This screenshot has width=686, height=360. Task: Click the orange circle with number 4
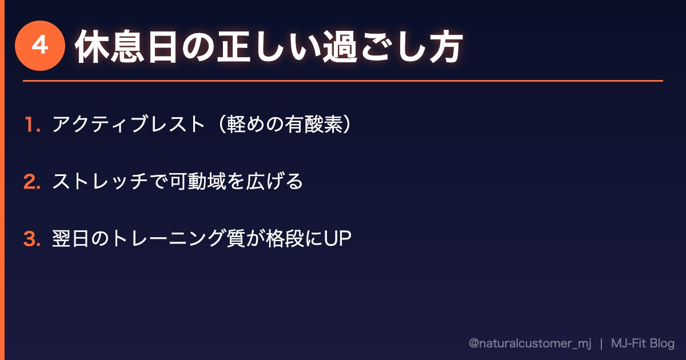tap(39, 46)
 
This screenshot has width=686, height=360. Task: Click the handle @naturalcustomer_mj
tap(529, 343)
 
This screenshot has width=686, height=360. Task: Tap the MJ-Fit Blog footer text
tap(643, 343)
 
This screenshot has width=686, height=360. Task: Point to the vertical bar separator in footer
tap(601, 343)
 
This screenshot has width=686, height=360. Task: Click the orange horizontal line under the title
tap(343, 81)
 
